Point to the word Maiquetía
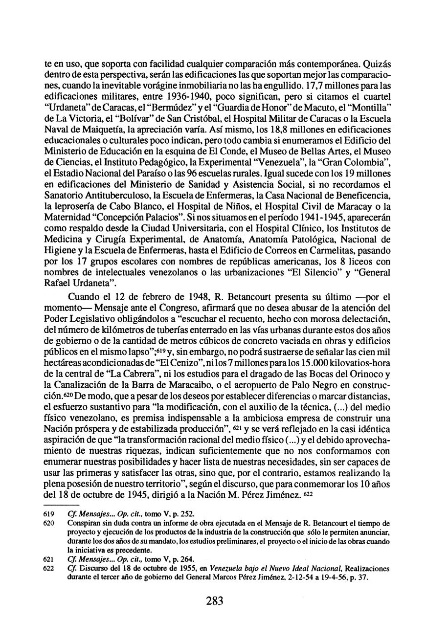114,130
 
